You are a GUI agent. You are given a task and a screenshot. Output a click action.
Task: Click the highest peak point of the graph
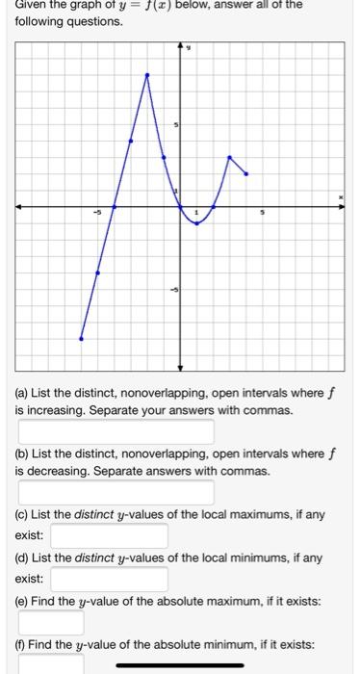[x=147, y=74]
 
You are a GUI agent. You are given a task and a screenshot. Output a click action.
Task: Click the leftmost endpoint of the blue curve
[x=81, y=339]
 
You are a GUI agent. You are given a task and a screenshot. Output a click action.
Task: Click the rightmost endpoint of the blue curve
[x=246, y=174]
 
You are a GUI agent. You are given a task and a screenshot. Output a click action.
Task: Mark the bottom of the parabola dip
[x=196, y=223]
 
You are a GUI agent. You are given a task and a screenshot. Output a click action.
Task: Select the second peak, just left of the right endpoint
[x=229, y=157]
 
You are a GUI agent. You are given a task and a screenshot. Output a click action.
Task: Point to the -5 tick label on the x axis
[x=96, y=213]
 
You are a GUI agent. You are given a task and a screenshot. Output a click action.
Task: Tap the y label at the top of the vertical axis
[x=188, y=46]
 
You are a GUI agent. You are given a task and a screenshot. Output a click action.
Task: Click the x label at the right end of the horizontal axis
[x=340, y=197]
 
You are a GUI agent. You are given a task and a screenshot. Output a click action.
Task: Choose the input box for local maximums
[x=110, y=535]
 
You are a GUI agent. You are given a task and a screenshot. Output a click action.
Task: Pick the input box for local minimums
[x=110, y=580]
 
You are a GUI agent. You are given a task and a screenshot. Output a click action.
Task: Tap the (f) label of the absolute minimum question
[x=21, y=643]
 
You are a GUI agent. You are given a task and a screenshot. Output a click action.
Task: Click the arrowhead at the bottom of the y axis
[x=180, y=366]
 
